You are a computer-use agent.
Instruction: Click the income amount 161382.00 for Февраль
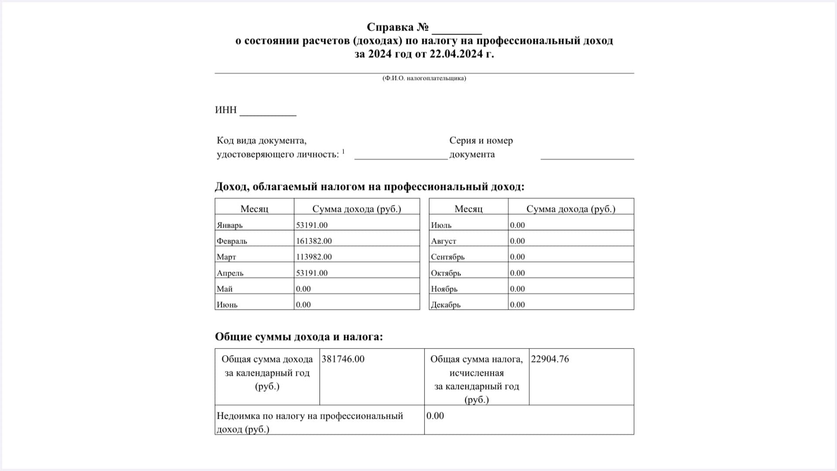[x=314, y=241]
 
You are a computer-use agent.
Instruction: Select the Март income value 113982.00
[x=314, y=257]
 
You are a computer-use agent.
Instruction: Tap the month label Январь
[x=230, y=225]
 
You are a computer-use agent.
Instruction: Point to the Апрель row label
[x=230, y=273]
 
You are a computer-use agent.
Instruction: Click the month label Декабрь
[x=446, y=305]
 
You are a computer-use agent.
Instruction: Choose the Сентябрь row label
[x=448, y=257]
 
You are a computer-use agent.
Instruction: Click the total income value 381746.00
[x=343, y=359]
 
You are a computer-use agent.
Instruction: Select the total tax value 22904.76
[x=550, y=359]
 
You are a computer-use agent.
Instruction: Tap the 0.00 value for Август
[x=517, y=241]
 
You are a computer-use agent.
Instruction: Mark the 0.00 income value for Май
[x=303, y=289]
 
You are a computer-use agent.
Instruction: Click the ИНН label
[x=226, y=110]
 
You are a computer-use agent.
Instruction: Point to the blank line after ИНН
[x=268, y=113]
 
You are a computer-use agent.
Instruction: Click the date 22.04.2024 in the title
[x=456, y=54]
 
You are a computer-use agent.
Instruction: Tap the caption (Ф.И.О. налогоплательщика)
[x=424, y=78]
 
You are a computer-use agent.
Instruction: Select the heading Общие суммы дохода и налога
[x=299, y=337]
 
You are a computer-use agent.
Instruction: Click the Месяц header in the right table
[x=469, y=208]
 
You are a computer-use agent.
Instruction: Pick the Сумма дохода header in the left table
[x=357, y=208]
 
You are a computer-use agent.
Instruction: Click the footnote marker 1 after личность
[x=344, y=151]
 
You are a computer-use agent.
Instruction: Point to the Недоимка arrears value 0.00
[x=435, y=416]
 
